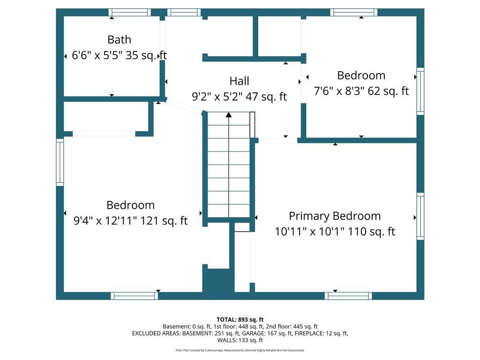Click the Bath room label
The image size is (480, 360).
coord(119,39)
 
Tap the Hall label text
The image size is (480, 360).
coord(239,81)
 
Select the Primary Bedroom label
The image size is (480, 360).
coord(335,216)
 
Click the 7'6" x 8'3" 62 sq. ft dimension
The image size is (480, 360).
coord(361,91)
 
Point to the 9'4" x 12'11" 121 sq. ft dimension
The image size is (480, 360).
coord(130,220)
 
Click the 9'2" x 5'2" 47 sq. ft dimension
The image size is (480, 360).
coord(239,97)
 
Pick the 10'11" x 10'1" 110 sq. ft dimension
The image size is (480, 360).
coord(335,232)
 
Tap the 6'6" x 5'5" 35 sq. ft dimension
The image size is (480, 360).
coord(119,55)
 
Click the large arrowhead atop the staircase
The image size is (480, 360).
coord(229,115)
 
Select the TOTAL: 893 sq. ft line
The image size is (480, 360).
coord(240,320)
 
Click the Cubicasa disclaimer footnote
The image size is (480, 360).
coord(240,350)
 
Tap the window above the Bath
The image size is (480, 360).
coord(130,12)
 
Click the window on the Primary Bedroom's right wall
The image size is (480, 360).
coord(420,216)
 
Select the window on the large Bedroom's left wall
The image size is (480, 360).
coord(60,162)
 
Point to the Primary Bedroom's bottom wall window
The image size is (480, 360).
coord(348,296)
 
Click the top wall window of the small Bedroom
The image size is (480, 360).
coord(353,12)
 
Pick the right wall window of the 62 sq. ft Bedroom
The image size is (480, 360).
coord(420,91)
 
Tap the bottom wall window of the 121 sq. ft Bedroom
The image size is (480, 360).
coord(135,296)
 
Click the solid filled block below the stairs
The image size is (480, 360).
coord(218,281)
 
